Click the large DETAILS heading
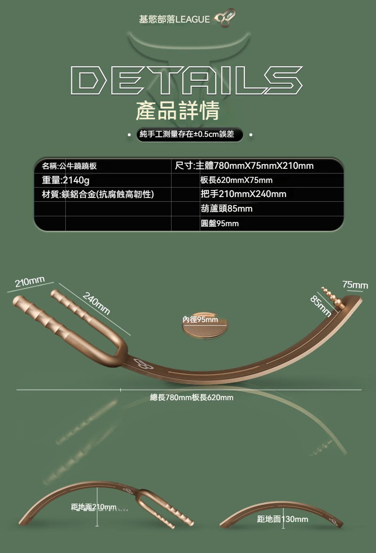click(187, 80)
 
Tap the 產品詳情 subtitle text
click(178, 111)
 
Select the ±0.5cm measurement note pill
click(189, 134)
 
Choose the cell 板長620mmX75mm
click(236, 180)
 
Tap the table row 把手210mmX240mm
click(243, 194)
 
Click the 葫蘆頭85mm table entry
click(227, 209)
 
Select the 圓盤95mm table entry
click(220, 223)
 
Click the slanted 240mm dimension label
click(96, 303)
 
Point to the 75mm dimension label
click(355, 284)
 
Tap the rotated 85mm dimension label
click(321, 306)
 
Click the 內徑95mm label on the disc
click(200, 320)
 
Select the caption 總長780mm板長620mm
click(192, 397)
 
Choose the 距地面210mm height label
click(94, 507)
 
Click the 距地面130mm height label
click(282, 519)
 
